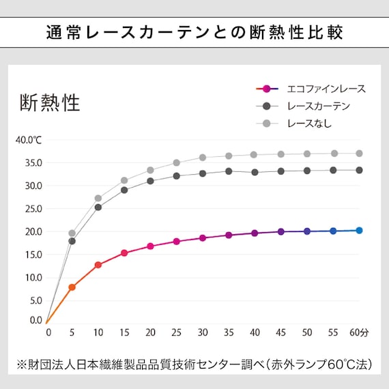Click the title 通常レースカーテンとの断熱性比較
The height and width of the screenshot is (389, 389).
pos(194,32)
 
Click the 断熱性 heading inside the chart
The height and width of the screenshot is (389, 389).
pos(50,102)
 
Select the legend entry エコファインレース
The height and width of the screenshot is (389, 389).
pos(326,89)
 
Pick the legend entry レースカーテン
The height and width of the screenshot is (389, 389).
pos(319,106)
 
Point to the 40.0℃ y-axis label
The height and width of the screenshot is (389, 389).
pos(29,140)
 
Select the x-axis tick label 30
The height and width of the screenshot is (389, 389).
pos(203,332)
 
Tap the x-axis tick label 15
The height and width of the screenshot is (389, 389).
pos(124,332)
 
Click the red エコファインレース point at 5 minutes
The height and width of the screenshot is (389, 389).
pos(72,287)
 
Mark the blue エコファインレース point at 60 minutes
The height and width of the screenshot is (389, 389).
pos(359,231)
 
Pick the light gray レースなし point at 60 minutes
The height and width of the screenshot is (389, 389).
pos(359,154)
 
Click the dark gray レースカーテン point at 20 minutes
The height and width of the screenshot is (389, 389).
pos(150,181)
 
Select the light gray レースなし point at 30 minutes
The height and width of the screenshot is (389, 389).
pos(203,158)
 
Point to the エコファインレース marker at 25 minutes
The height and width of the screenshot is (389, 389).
pos(176,242)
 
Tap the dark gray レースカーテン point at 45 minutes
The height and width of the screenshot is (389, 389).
pos(280,171)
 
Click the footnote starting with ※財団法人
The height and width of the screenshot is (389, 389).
pos(194,364)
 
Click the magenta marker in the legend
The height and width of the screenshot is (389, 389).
pos(267,89)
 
